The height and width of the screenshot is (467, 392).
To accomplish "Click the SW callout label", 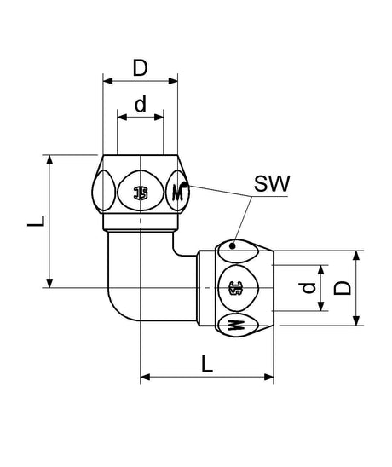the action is point(272,184).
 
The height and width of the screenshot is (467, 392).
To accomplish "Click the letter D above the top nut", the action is point(140,68).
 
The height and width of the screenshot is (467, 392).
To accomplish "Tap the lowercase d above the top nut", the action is point(141,104).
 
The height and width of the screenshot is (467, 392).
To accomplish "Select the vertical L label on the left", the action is point(36,221).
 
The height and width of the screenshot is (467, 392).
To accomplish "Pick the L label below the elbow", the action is point(207,363).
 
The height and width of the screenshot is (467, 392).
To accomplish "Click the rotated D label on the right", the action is point(342,288).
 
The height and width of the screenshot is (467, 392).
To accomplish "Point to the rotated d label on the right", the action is point(307,288).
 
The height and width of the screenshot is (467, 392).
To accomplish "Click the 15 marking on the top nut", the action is point(141,193).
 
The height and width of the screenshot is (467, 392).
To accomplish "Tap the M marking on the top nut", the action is point(177,193).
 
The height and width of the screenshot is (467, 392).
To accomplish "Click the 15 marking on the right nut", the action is point(235,288).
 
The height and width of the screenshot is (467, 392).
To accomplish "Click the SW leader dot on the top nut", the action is point(185,184).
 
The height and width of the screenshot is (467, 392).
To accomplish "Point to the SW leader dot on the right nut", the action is point(233,246).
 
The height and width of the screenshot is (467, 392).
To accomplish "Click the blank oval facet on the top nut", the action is point(103,191).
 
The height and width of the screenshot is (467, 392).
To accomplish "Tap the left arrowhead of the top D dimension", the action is point(107,81).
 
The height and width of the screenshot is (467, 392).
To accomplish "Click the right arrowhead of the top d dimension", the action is point(159,117).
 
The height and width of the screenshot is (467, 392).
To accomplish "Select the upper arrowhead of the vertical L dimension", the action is point(49,159).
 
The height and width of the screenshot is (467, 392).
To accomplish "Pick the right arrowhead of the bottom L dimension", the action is point(268,378).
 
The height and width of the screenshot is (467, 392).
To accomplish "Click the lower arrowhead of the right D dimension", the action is point(356,320).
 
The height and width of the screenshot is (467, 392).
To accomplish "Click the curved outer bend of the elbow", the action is point(114,309).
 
